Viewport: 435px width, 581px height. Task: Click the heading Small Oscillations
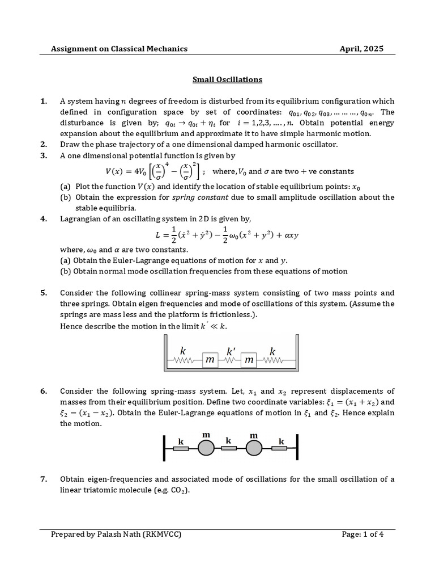coord(220,79)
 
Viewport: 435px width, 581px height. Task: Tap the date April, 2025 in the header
coord(361,49)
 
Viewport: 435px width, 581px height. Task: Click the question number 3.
coord(44,155)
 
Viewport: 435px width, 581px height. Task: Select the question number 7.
coord(44,479)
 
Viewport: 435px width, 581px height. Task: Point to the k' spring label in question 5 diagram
coord(231,352)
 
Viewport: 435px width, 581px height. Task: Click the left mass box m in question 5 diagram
coord(210,360)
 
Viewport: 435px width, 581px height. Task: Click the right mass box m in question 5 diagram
coord(250,360)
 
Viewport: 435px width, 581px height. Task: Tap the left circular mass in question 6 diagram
coord(206,448)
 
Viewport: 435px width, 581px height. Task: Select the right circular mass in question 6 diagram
coord(254,448)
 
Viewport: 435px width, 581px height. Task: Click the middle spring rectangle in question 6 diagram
coord(229,448)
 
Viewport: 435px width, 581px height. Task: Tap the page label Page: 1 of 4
coord(362,534)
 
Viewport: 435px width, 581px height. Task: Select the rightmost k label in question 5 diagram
coord(272,352)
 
